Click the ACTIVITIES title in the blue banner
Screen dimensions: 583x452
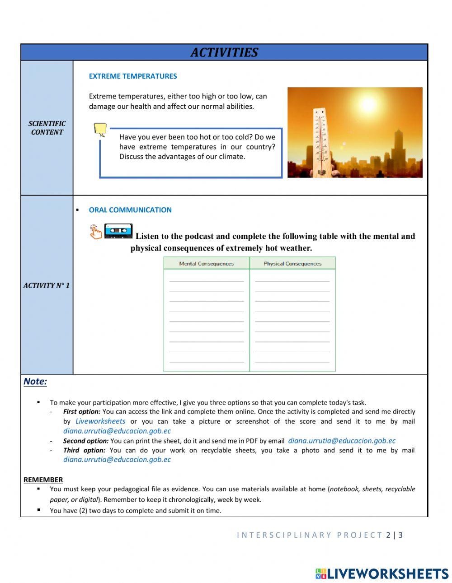click(x=224, y=52)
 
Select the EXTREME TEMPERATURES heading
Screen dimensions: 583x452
click(x=132, y=76)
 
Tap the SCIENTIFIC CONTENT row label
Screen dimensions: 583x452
click(x=47, y=128)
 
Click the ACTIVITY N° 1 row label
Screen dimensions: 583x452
click(x=47, y=285)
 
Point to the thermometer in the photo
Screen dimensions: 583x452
click(x=320, y=140)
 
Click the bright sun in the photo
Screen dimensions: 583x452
click(x=368, y=105)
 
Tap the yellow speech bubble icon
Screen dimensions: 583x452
click(x=100, y=130)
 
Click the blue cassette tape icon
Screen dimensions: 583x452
click(x=118, y=231)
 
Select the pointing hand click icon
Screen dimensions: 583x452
click(x=95, y=232)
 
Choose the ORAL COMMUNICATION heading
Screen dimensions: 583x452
click(x=130, y=210)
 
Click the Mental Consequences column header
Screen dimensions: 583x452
click(x=206, y=264)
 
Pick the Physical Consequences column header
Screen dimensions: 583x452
click(x=292, y=264)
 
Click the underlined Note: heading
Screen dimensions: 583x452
click(x=35, y=382)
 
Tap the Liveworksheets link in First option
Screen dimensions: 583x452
click(x=100, y=421)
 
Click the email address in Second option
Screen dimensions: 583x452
click(x=342, y=441)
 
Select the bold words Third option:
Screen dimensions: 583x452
click(x=84, y=450)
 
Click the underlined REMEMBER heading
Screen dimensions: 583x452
click(x=43, y=480)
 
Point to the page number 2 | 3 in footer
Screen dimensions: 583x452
click(x=394, y=535)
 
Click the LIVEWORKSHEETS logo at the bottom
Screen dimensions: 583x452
click(x=382, y=574)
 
